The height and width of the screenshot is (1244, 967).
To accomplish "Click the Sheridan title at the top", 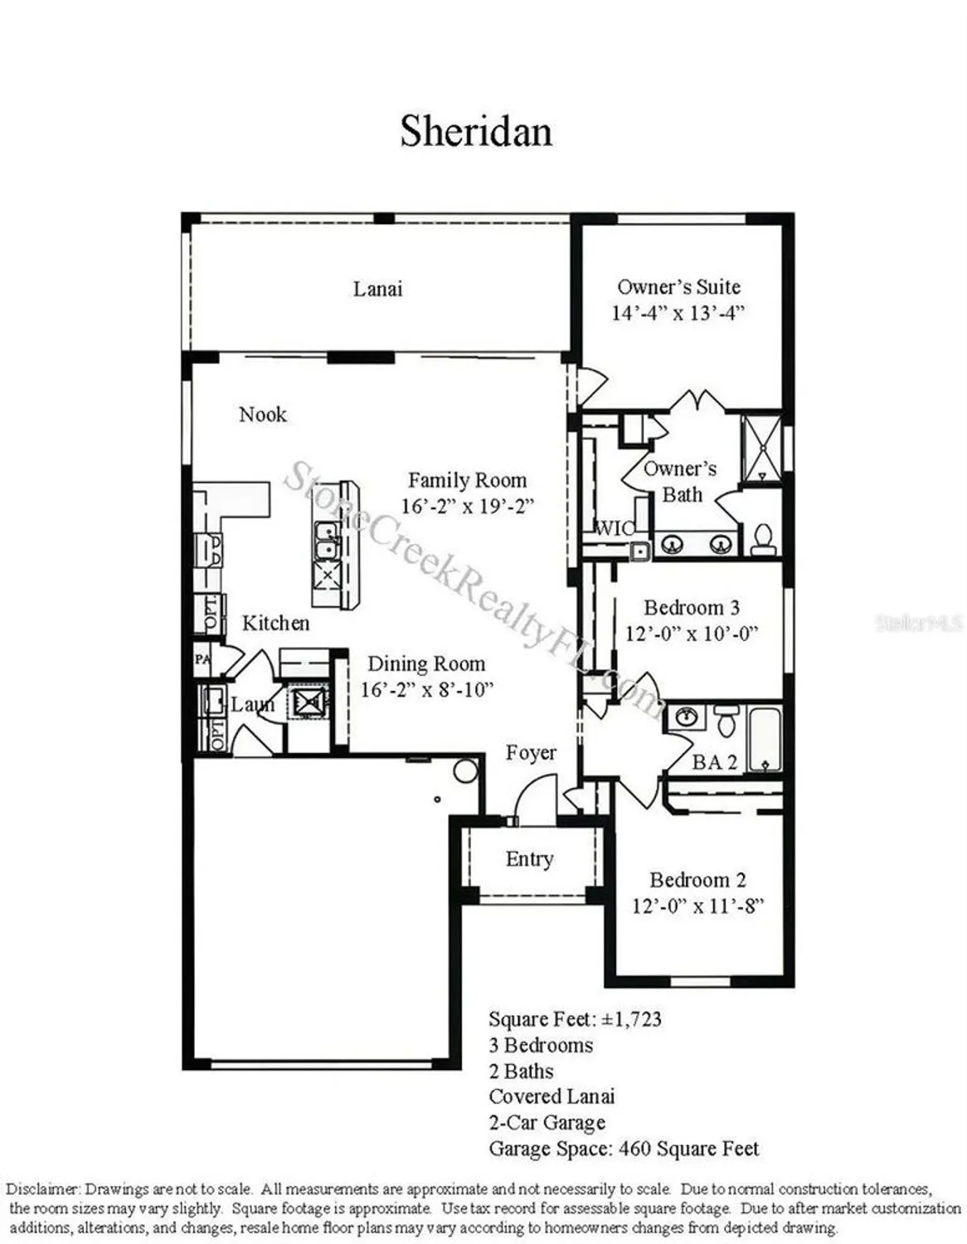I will point(476,131).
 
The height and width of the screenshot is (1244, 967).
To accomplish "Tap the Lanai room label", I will point(377,289).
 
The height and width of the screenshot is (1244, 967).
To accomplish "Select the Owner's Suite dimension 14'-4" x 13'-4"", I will point(678,313).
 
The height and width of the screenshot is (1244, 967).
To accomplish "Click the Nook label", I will point(262,414).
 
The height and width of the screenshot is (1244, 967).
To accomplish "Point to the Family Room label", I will point(467,480).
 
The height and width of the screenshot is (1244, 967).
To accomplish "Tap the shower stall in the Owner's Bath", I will point(760,447).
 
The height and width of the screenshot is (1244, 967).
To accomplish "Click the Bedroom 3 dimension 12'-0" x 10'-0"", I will point(691,634).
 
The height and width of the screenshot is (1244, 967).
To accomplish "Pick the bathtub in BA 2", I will point(764,738).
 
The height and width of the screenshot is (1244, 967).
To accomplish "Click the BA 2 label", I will point(714,762).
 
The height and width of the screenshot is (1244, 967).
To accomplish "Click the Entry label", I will point(529,859).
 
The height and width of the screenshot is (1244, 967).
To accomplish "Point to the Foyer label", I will point(531,753).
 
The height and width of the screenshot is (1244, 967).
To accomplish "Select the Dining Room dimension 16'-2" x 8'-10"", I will point(426,689).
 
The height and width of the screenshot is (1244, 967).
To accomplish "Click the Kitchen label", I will point(275,623).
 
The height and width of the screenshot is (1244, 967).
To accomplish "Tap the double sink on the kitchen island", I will point(325,539).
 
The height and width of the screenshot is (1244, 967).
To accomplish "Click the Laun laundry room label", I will point(252,705).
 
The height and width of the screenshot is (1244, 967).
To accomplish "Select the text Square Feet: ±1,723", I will point(575,1018).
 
